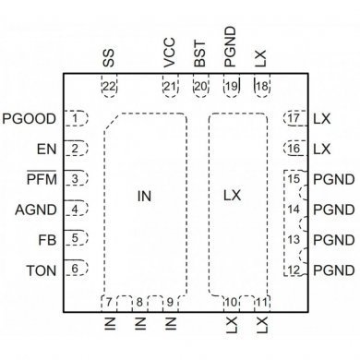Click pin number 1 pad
[x=78, y=118]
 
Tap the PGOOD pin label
[x=30, y=118]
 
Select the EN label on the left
[x=46, y=149]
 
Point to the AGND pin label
[x=36, y=209]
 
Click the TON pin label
[x=41, y=270]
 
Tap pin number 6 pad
[x=78, y=270]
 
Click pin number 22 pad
[x=110, y=87]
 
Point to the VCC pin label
[x=169, y=58]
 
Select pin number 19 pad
[x=231, y=87]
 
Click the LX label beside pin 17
[x=321, y=118]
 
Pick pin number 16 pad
[x=293, y=149]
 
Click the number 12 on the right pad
[x=293, y=270]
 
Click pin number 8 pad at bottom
[x=139, y=302]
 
